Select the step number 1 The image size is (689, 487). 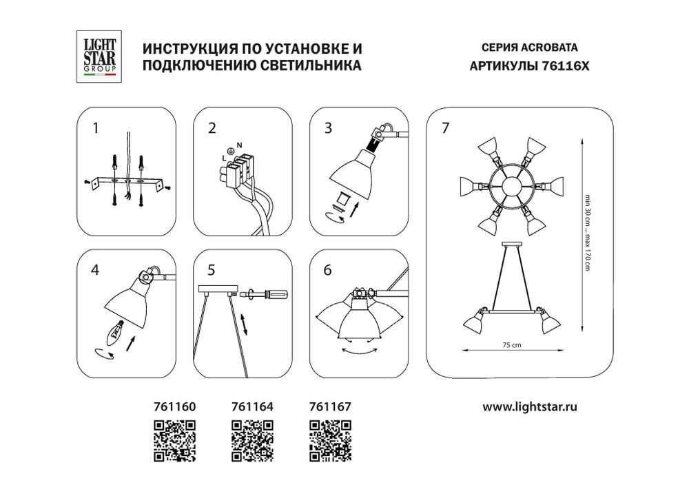click(x=96, y=127)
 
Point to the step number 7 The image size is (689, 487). click(x=446, y=127)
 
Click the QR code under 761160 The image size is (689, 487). click(x=174, y=440)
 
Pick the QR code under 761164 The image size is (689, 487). click(x=251, y=440)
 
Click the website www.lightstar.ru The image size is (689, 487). click(x=529, y=406)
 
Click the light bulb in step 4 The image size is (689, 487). click(x=116, y=333)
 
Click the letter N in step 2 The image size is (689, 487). click(x=239, y=145)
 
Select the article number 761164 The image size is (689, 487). click(x=251, y=406)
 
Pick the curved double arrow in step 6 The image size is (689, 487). click(x=361, y=351)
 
